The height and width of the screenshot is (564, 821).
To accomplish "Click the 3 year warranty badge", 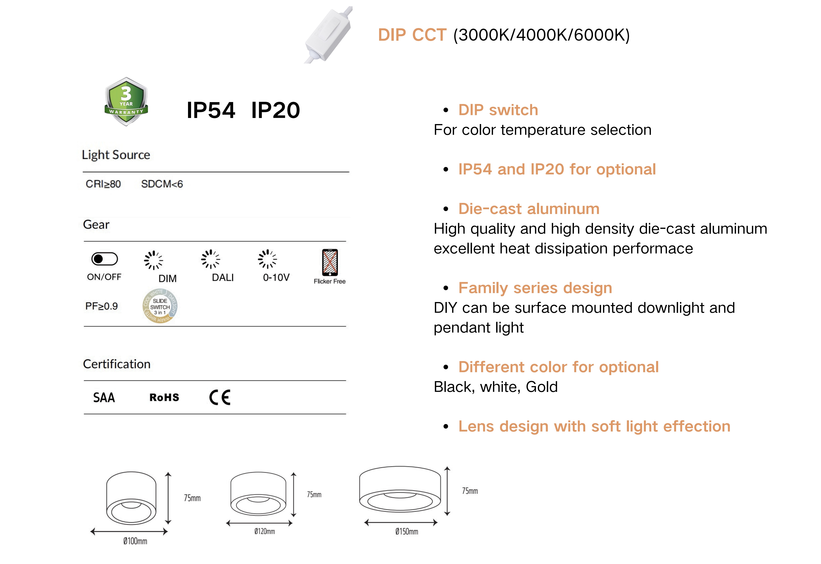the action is coord(126,101).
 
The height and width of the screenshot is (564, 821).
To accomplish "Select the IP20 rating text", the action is coord(276,110).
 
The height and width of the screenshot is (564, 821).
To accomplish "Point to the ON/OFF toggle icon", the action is coord(105,259).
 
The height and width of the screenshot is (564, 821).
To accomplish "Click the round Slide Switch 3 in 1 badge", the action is coord(160,306).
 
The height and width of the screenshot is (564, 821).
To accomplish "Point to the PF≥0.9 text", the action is coord(101,306).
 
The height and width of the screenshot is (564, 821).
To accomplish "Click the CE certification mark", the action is coord(220,398).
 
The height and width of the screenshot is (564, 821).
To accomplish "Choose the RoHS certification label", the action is coord(164,398).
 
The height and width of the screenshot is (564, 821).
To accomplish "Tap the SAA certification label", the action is coord(104,398).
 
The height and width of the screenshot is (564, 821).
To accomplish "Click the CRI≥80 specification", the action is coord(103,184).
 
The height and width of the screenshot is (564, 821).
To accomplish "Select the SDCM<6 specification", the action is coord(162,184).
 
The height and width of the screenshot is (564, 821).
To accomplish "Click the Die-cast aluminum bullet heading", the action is coord(529,209).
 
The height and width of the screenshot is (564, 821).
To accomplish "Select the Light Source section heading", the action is coord(116,155).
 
